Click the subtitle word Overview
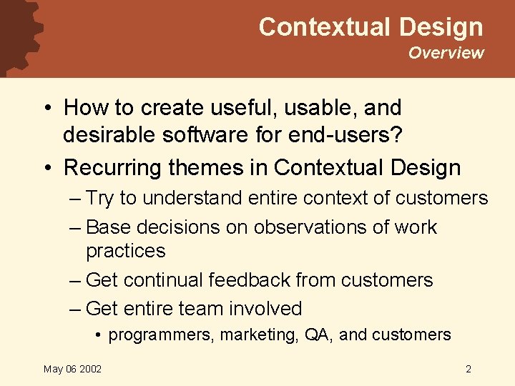click(x=446, y=53)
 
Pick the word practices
click(x=125, y=251)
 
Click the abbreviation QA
click(x=318, y=335)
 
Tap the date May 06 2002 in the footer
click(x=72, y=369)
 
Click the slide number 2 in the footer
click(x=468, y=369)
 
